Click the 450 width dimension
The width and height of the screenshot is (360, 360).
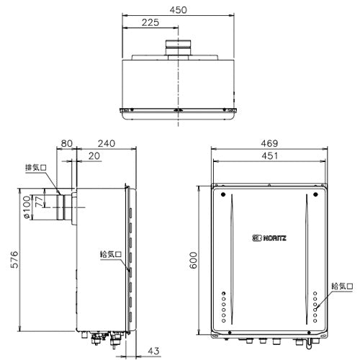178,10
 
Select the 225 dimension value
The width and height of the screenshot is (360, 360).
150,22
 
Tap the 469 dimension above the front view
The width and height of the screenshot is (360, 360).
269,143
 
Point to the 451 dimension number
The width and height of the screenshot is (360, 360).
269,156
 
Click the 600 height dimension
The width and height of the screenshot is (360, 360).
193,260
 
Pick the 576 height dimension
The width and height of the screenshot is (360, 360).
14,259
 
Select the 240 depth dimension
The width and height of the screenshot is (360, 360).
107,143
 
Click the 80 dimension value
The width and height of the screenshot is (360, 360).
66,143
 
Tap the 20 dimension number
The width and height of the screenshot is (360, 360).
94,156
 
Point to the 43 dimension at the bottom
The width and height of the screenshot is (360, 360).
153,351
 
